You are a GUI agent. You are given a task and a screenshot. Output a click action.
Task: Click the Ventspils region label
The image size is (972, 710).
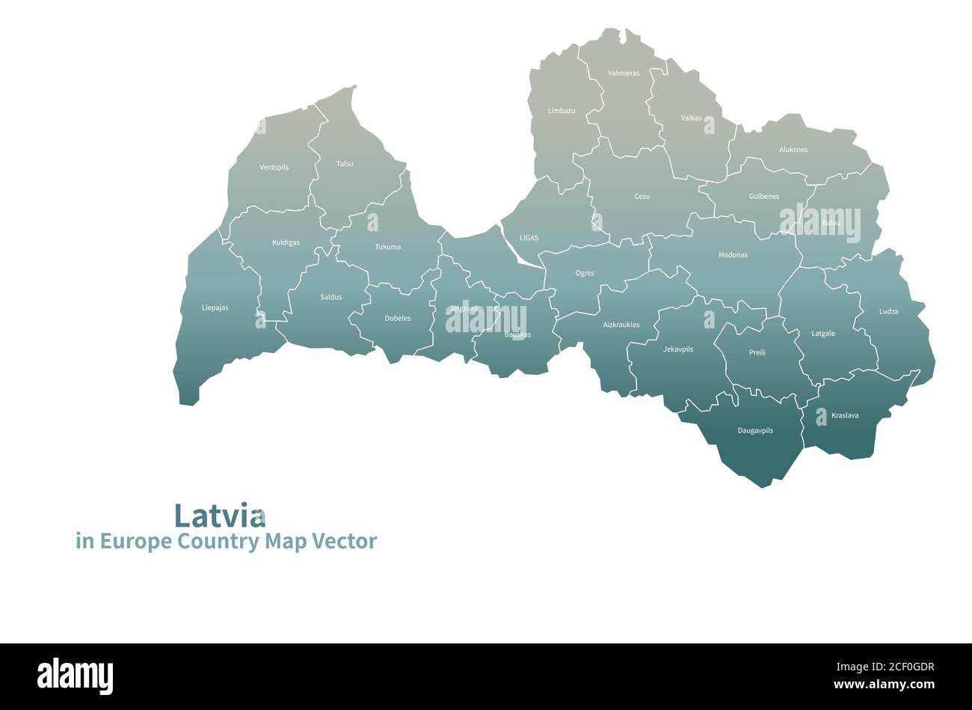274,168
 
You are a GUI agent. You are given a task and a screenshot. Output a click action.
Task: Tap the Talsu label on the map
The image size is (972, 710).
345,164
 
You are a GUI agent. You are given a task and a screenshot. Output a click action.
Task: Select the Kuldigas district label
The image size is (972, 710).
286,243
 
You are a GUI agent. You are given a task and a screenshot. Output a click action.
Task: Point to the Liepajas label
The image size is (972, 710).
215,307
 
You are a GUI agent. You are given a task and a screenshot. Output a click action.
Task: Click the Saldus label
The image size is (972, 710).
331,297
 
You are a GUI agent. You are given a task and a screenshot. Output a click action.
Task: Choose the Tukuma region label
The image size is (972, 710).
388,247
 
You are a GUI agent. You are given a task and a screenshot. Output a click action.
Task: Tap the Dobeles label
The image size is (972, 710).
398,319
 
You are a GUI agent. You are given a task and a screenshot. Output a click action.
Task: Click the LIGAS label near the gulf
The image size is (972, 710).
529,238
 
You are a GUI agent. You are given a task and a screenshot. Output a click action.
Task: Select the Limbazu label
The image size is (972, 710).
562,111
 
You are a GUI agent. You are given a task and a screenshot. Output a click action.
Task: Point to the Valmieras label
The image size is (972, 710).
624,73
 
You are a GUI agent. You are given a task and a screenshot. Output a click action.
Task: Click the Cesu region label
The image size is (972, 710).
642,197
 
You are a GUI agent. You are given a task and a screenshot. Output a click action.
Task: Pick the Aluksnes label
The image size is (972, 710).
793,150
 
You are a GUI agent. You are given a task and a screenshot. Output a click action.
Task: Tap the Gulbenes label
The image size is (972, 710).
764,197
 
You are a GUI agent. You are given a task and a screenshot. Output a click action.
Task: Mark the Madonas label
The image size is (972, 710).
733,255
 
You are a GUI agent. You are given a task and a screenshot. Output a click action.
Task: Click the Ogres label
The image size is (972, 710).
585,274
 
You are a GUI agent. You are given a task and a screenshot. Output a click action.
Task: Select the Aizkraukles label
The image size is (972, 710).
621,325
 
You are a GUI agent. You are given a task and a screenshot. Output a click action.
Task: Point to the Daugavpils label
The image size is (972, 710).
755,431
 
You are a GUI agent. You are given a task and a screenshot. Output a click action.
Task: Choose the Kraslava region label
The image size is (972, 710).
845,416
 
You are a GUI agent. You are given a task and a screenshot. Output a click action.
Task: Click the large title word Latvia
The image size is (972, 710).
220,515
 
